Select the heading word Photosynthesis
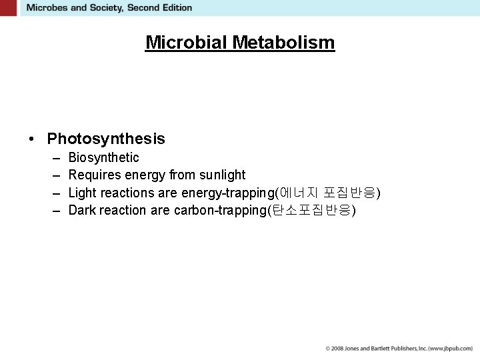tap(106, 139)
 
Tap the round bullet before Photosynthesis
tap(31, 139)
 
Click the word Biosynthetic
tap(103, 158)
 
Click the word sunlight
tap(223, 175)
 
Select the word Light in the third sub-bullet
tap(82, 193)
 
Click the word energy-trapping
tap(227, 193)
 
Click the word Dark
tap(82, 211)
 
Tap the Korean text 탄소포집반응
tap(311, 211)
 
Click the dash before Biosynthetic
tap(55, 158)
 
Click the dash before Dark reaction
tap(55, 211)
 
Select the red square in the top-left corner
tap(9, 8)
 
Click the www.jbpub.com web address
tap(451, 349)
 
